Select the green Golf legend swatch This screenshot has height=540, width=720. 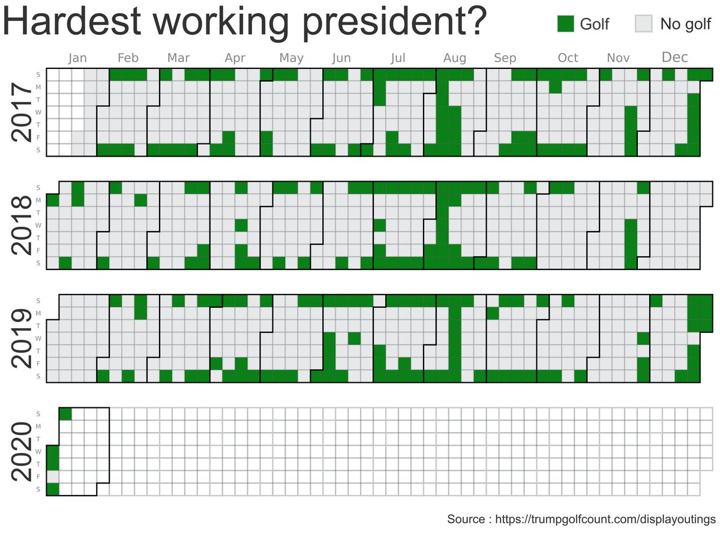(x=566, y=23)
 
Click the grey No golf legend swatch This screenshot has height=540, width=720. (x=643, y=23)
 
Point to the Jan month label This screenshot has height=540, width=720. (x=77, y=58)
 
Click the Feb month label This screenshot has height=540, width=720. (x=128, y=58)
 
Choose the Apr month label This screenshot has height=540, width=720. (x=235, y=58)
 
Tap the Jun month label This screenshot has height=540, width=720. (x=341, y=58)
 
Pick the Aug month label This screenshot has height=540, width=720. (x=455, y=58)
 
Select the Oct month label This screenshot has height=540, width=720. (x=568, y=58)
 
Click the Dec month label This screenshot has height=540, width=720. (x=674, y=58)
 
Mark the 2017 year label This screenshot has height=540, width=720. (x=23, y=113)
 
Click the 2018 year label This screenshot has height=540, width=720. (x=23, y=225)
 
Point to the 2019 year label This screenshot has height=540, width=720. (x=23, y=338)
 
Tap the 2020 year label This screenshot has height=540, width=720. (x=23, y=451)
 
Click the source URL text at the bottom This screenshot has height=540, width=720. (x=605, y=519)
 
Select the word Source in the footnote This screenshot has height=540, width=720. (x=466, y=519)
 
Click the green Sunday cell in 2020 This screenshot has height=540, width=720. (x=65, y=414)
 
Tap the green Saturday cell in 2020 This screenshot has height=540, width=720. (x=53, y=490)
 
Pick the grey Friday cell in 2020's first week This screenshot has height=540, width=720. (x=53, y=477)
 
